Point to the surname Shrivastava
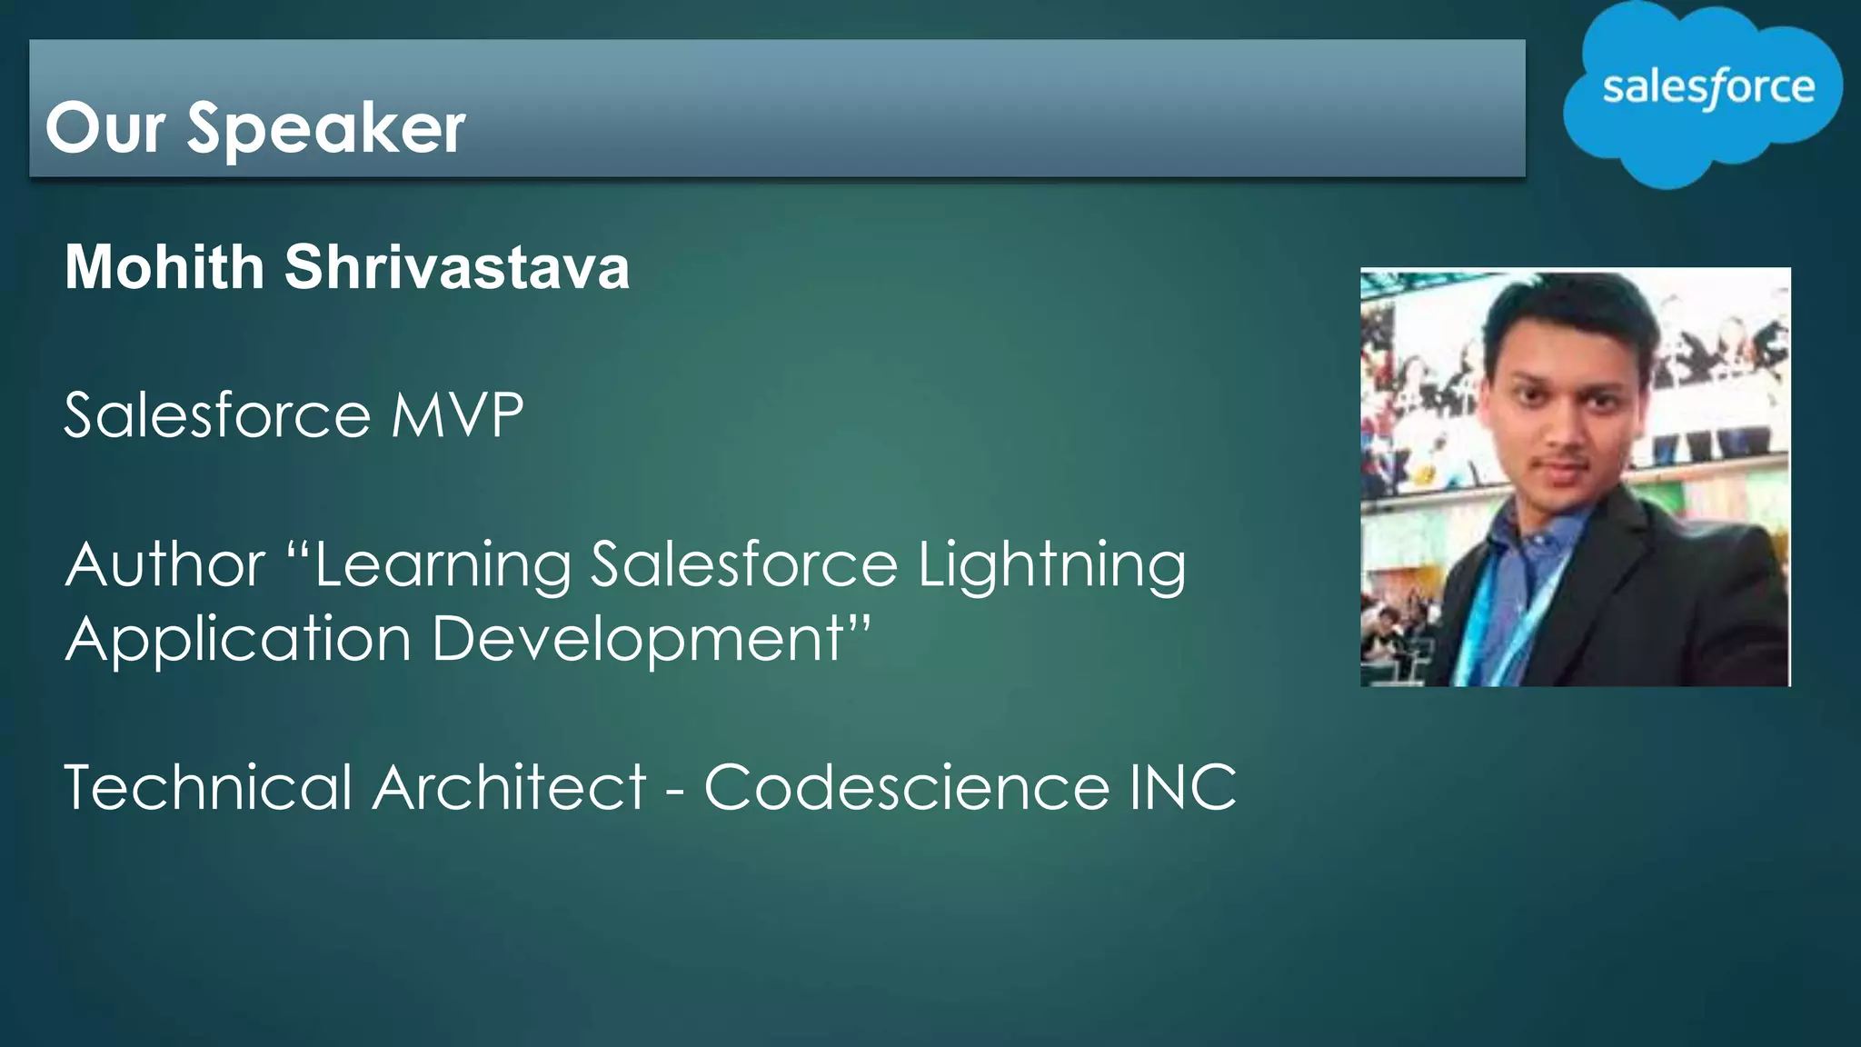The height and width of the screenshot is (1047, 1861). click(x=457, y=267)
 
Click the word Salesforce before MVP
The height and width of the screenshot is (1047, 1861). click(x=217, y=415)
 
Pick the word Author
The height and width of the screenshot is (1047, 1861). click(x=165, y=564)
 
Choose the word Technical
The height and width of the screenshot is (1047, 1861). click(x=208, y=787)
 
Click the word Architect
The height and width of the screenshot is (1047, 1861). click(x=510, y=787)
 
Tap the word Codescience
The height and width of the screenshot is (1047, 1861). click(x=906, y=787)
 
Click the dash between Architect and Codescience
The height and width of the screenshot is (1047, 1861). click(x=674, y=791)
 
